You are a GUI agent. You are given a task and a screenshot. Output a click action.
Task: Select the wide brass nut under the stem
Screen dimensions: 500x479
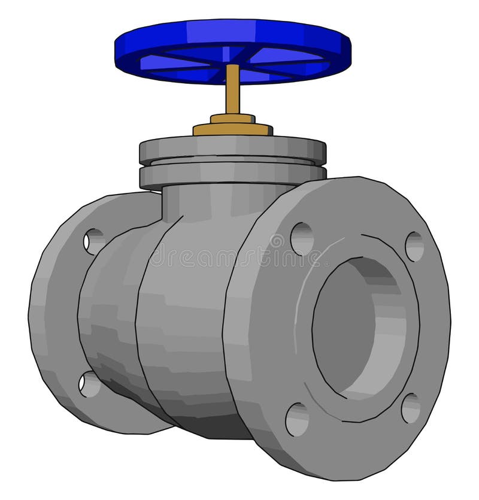(x=232, y=129)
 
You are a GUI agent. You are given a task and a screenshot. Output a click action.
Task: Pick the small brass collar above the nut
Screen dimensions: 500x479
(x=232, y=118)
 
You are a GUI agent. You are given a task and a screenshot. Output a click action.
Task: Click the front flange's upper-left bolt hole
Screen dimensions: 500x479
(x=301, y=238)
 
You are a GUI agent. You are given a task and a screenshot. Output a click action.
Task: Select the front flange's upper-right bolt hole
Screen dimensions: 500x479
(x=414, y=246)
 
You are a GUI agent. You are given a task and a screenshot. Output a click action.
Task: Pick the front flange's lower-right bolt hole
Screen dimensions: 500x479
(x=410, y=408)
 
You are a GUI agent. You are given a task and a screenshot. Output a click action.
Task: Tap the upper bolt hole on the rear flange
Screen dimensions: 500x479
(x=93, y=241)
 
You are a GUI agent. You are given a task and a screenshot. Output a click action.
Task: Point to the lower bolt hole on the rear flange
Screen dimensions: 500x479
(x=89, y=384)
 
